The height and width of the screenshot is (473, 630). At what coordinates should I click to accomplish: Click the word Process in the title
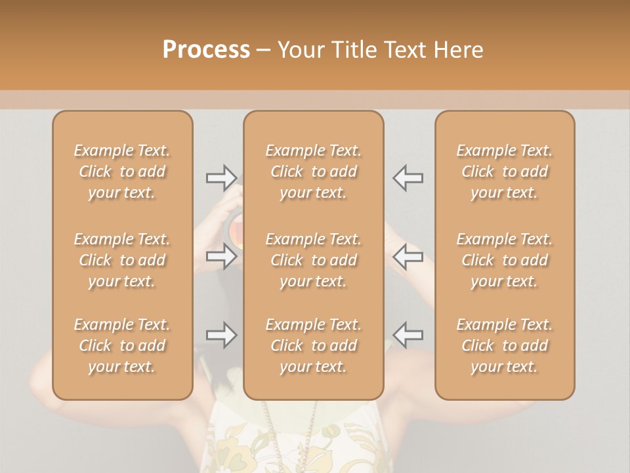tap(206, 50)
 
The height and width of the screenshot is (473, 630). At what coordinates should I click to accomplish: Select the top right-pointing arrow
tap(221, 177)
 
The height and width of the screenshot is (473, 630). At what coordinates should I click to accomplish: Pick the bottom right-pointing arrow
tap(221, 335)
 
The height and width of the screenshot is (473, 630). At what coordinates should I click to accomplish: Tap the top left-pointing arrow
tap(408, 177)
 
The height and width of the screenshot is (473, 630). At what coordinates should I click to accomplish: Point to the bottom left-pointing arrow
tap(408, 335)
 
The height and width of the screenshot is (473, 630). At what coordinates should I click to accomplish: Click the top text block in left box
tap(122, 171)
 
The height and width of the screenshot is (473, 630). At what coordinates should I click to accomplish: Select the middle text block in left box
tap(122, 260)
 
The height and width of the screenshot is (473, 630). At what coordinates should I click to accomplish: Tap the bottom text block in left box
tap(122, 346)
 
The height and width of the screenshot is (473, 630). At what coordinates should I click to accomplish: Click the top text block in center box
tap(313, 171)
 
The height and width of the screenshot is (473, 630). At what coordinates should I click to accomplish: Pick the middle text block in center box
tap(313, 260)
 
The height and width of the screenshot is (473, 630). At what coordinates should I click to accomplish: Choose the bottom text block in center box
tap(313, 346)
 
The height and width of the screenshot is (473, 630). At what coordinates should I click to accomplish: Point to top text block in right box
tap(504, 171)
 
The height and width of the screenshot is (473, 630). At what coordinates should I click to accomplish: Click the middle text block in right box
tap(504, 260)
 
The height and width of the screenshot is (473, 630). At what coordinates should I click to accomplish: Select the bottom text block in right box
tap(504, 346)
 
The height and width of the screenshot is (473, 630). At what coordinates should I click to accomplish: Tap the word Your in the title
tap(300, 50)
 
